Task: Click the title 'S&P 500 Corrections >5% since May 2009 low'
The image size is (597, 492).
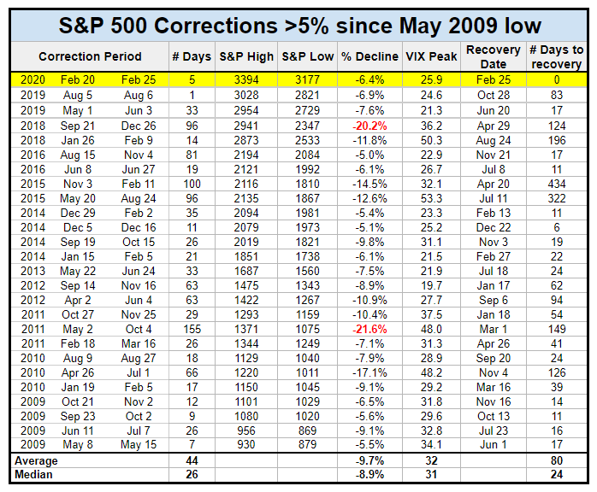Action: tap(298, 24)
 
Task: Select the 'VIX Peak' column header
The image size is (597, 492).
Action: tap(431, 56)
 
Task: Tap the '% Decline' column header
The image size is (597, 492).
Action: tap(370, 56)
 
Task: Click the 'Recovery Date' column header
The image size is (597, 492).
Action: tap(494, 56)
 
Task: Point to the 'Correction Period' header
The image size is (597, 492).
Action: tap(91, 56)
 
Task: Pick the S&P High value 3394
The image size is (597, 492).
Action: tap(246, 79)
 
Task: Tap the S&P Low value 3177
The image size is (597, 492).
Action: tap(308, 79)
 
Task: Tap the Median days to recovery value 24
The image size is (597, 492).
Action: tap(557, 474)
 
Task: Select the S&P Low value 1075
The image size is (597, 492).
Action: tap(308, 329)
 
